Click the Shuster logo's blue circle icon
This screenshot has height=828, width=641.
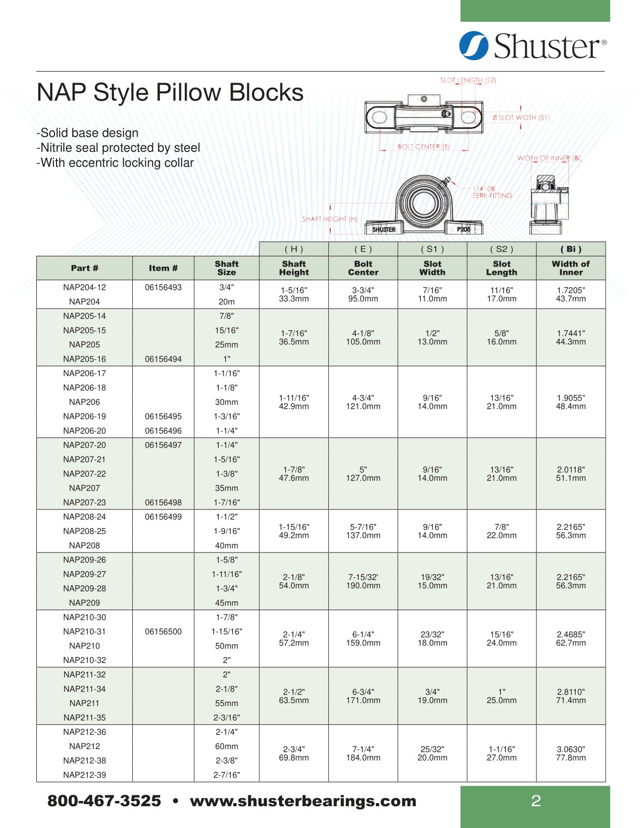(x=473, y=46)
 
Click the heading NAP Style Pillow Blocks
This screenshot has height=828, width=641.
(x=170, y=93)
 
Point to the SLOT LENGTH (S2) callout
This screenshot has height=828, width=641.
(x=468, y=80)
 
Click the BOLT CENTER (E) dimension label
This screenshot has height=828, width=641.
(x=423, y=147)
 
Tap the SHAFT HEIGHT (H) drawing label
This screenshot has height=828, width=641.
(x=330, y=219)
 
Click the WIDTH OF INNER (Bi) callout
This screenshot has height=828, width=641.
(x=549, y=158)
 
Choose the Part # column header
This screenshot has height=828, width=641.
(x=85, y=268)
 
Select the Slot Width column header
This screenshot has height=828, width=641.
(x=432, y=268)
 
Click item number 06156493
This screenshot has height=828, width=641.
(x=163, y=287)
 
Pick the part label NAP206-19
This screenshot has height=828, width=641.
(x=85, y=416)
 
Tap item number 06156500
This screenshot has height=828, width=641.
(x=163, y=631)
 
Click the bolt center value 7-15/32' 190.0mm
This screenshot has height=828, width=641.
(x=363, y=582)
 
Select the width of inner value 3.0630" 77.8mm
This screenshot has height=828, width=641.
(x=570, y=753)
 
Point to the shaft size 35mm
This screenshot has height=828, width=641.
(x=227, y=488)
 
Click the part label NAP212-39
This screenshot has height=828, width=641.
(x=85, y=775)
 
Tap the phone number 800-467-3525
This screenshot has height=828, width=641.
(x=104, y=801)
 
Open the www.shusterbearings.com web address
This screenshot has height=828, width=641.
(x=303, y=801)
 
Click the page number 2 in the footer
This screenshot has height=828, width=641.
(x=536, y=801)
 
